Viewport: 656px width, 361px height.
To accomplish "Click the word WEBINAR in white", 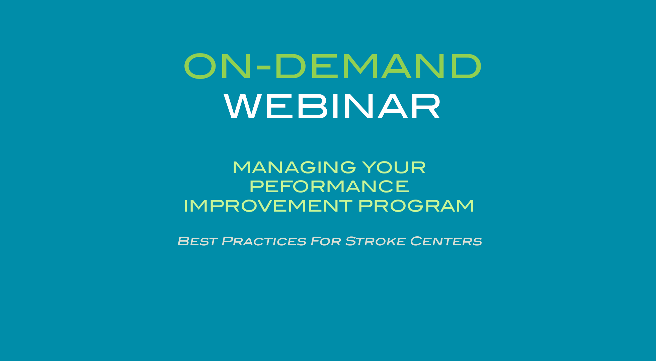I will click(x=332, y=107).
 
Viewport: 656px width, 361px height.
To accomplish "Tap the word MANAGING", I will click(x=294, y=167).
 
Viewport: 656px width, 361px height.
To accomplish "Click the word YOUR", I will click(x=394, y=167).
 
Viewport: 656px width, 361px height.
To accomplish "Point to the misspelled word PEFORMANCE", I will click(x=329, y=187).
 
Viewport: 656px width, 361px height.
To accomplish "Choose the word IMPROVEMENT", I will click(x=268, y=206).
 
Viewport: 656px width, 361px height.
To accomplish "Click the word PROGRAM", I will click(x=416, y=206).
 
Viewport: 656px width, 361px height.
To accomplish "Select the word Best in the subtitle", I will click(x=197, y=241).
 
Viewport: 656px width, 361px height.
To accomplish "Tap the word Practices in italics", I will click(x=264, y=241).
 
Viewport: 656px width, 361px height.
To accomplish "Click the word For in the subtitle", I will click(x=326, y=241).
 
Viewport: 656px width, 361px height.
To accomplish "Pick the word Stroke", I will click(x=375, y=241).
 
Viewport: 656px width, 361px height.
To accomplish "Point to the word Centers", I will click(x=446, y=241).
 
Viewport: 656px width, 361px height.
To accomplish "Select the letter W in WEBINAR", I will click(x=243, y=107).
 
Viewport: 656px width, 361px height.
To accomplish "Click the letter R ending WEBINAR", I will click(x=427, y=107).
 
